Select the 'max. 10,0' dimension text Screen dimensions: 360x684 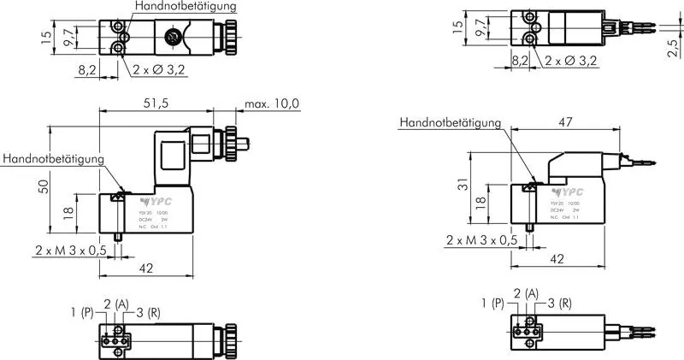[x=272, y=104]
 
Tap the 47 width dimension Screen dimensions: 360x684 [x=563, y=122]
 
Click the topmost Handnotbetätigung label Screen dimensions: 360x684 [x=186, y=6]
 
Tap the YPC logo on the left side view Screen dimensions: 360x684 [x=140, y=202]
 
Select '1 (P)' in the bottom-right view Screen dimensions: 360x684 [x=492, y=303]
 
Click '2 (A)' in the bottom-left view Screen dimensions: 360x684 [x=116, y=304]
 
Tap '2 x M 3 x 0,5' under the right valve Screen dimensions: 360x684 [x=481, y=242]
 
